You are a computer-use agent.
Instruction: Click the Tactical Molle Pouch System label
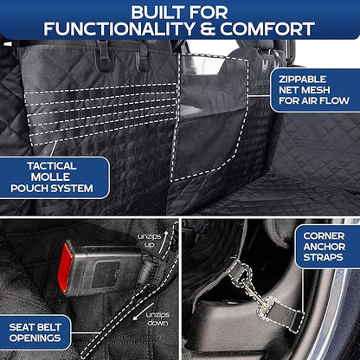(x=53, y=177)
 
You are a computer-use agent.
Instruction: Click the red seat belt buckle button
(x=66, y=267)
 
